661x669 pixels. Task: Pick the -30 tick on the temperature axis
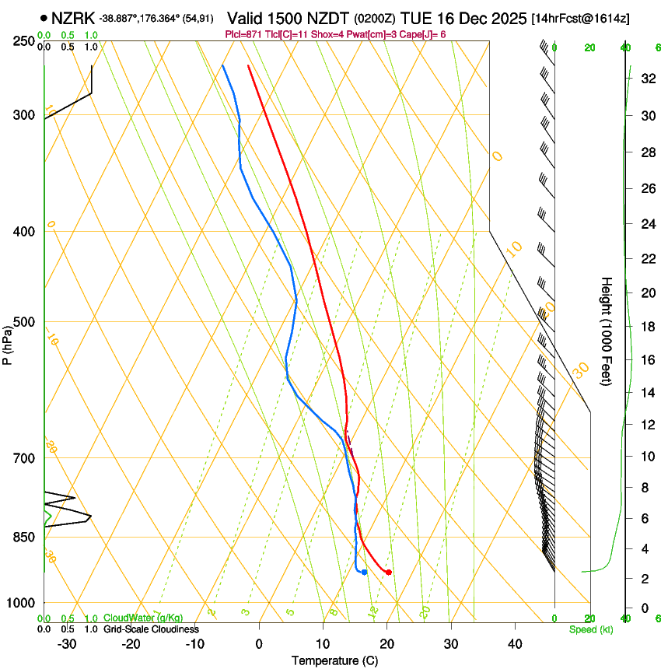pyautogui.click(x=67, y=643)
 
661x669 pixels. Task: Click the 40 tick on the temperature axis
pyautogui.click(x=515, y=643)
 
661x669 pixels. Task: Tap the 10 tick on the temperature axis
pyautogui.click(x=323, y=643)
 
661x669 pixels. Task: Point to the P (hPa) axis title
pyautogui.click(x=8, y=342)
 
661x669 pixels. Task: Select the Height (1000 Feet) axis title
pyautogui.click(x=607, y=331)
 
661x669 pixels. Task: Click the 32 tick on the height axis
pyautogui.click(x=645, y=79)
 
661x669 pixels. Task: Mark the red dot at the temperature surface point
pyautogui.click(x=388, y=573)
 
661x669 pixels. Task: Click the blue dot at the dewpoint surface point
pyautogui.click(x=364, y=573)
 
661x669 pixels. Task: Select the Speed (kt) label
pyautogui.click(x=590, y=629)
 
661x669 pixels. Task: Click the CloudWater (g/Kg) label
pyautogui.click(x=132, y=618)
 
